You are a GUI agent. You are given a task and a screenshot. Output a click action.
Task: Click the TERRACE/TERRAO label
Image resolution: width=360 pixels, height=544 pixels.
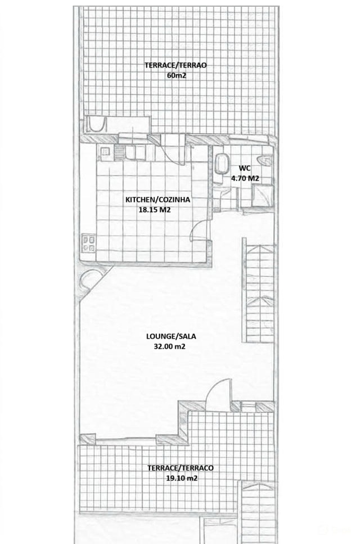tap(175, 65)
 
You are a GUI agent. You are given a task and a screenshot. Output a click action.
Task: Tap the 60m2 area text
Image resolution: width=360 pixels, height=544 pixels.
tap(177, 75)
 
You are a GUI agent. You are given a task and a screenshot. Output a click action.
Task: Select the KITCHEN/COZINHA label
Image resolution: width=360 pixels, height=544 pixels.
tap(158, 200)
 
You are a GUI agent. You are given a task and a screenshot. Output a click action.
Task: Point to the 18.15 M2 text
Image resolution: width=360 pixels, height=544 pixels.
tap(155, 210)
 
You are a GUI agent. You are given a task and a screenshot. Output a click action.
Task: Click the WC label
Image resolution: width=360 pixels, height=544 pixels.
tap(245, 169)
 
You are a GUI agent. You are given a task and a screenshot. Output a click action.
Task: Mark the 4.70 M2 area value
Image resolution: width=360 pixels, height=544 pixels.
tap(245, 179)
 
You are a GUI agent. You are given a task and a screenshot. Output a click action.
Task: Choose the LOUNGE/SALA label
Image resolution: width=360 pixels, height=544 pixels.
tap(171, 336)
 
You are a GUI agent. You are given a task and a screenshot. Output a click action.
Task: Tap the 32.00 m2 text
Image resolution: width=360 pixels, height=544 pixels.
tap(169, 346)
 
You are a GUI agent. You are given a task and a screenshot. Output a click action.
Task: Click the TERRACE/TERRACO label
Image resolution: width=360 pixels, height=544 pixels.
tap(181, 468)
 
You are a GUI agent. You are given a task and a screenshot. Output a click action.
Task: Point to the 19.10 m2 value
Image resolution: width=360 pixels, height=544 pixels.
tap(182, 478)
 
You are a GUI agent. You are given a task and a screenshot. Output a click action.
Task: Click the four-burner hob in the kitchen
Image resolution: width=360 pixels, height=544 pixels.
tap(88, 243)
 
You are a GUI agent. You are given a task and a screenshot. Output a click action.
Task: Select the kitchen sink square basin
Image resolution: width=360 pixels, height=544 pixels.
tap(105, 152)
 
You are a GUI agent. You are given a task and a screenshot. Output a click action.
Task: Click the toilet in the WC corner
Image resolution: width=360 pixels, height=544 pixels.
tap(264, 160)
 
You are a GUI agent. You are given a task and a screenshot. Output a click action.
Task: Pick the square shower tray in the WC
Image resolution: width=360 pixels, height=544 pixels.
tap(263, 196)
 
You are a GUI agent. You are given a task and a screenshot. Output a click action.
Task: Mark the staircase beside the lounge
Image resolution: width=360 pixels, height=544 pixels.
tap(260, 294)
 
